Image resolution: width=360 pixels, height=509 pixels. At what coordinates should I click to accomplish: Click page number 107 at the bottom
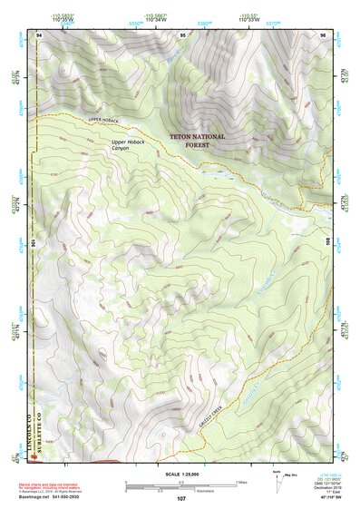(180, 499)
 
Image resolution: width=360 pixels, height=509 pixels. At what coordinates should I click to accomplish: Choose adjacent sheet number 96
(322, 34)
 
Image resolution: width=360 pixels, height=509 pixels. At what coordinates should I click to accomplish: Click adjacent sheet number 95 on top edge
(182, 34)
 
